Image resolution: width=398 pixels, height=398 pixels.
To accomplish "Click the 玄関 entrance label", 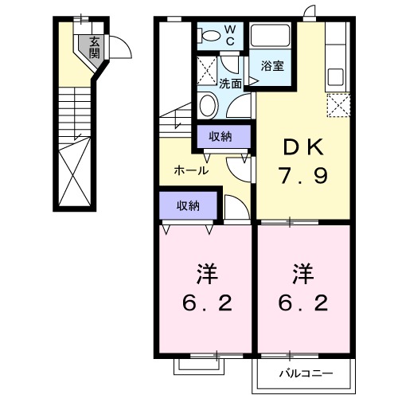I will coord(95,49).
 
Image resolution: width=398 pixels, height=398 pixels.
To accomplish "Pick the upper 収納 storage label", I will coord(220,136).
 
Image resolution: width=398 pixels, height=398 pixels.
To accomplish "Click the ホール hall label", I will coord(191,170).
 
